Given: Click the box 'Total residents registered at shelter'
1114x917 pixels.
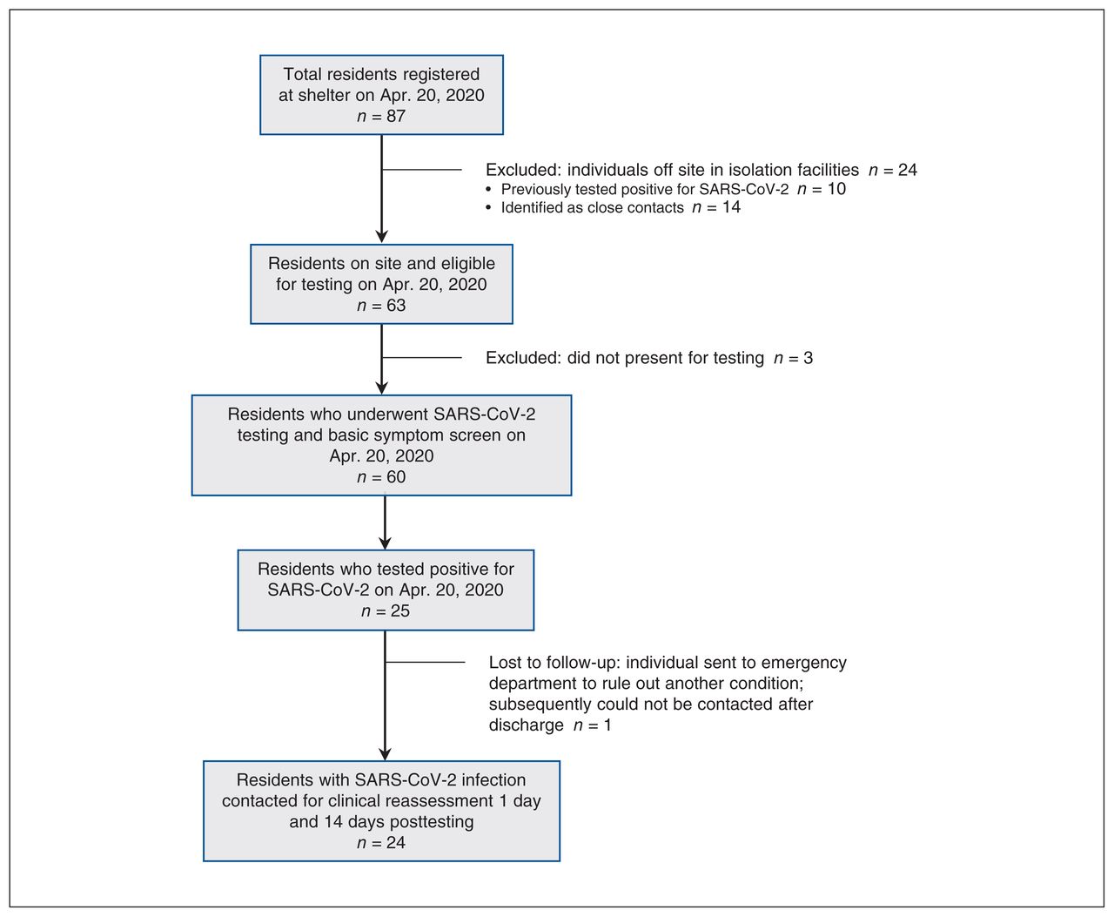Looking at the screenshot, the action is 381,95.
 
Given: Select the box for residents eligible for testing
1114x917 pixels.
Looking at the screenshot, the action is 381,284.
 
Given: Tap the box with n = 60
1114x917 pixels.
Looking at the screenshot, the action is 381,445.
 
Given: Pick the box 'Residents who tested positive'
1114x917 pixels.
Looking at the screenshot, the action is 386,590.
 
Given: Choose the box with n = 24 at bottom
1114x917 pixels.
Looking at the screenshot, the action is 381,812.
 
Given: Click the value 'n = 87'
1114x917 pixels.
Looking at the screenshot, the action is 381,116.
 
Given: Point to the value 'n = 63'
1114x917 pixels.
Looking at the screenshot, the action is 381,305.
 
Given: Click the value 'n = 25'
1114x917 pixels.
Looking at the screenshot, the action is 386,611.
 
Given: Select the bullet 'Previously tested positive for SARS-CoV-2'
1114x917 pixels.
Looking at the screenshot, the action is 666,189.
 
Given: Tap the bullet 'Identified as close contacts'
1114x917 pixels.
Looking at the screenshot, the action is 613,207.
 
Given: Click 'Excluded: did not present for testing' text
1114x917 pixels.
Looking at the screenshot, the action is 624,358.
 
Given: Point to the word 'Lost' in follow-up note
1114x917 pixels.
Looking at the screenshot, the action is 505,662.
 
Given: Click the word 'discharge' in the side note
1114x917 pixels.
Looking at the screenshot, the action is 526,725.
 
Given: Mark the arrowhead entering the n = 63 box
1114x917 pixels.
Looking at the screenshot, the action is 381,237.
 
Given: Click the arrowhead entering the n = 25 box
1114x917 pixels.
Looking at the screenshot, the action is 385,543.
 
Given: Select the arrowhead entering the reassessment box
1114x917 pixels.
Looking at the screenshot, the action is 385,754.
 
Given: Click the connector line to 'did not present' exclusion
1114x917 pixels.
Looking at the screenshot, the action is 422,358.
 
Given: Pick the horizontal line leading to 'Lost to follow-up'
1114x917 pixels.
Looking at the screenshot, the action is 426,662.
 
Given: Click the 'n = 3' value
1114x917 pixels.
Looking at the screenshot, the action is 794,358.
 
